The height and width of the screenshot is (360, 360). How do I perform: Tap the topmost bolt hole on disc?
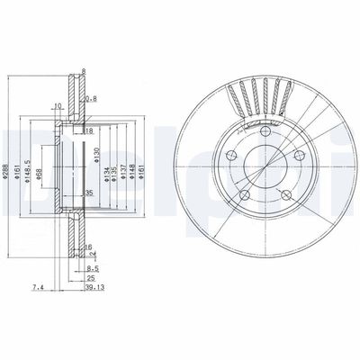(x=267, y=133)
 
